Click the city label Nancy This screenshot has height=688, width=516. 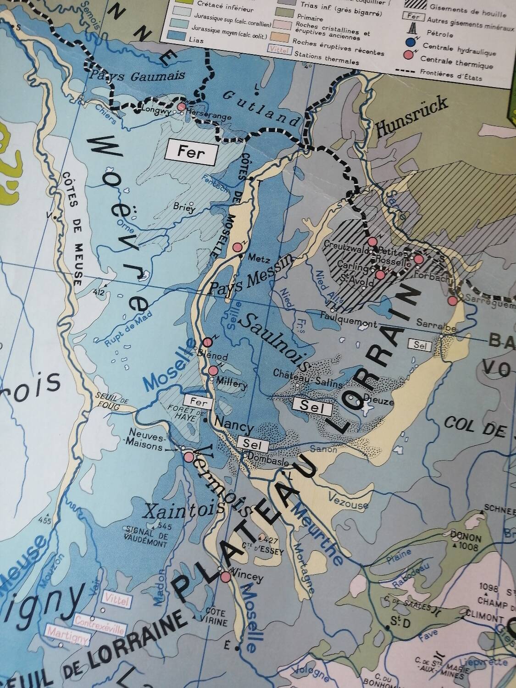click(234, 427)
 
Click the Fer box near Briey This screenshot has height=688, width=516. click(191, 153)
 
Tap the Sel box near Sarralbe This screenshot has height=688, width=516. click(420, 345)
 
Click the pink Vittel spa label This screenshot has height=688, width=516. click(117, 601)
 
